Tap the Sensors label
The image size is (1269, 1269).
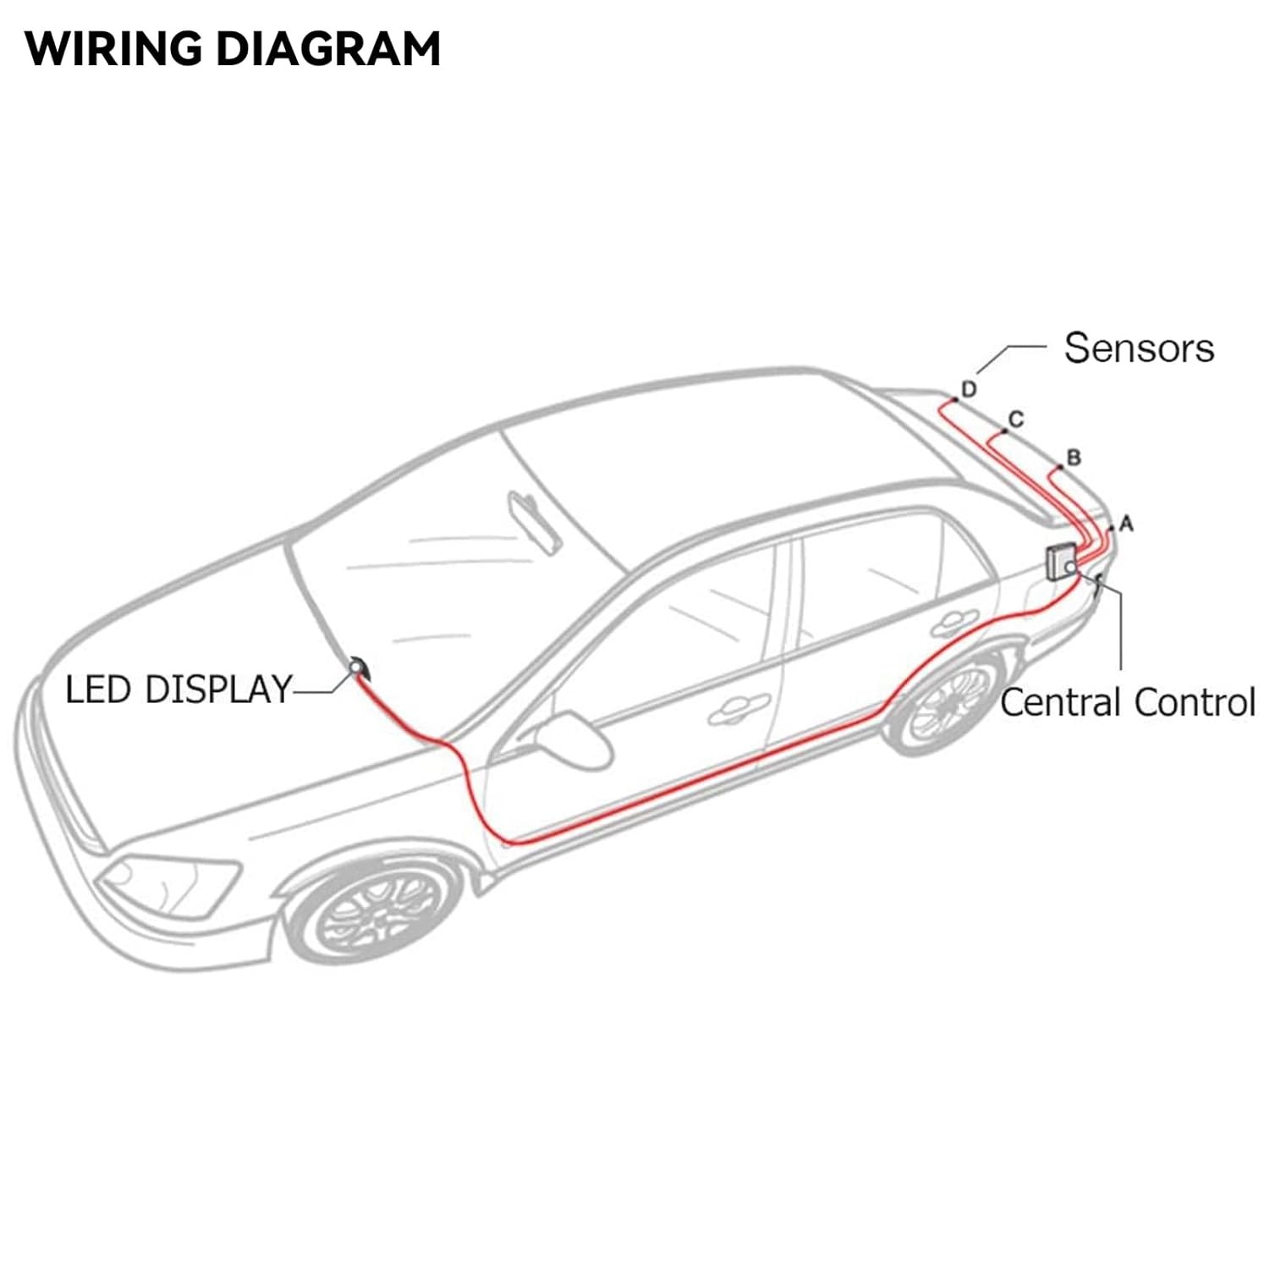(x=1139, y=348)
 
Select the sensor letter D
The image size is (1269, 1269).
(x=970, y=389)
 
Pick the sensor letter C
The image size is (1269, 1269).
(x=1017, y=419)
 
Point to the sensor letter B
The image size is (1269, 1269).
(x=1074, y=458)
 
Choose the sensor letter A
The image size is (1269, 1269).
(x=1126, y=524)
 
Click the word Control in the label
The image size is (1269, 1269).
(x=1194, y=703)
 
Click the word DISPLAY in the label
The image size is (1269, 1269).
(x=218, y=689)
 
